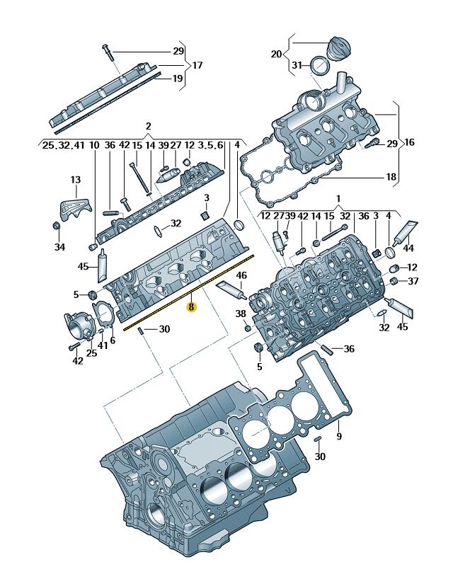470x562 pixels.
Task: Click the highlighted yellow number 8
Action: pos(191,306)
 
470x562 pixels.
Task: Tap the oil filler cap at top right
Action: pos(338,48)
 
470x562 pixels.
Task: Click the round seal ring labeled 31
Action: pos(319,65)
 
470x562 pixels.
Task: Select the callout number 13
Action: pos(76,180)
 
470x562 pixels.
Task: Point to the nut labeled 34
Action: pos(56,226)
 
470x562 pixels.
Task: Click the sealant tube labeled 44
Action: pos(404,233)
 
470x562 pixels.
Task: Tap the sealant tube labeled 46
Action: pos(232,290)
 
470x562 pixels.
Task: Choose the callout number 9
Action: pos(339,435)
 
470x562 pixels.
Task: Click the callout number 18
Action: pos(391,177)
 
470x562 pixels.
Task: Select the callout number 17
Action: pos(197,65)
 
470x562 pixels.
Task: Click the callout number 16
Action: pos(409,142)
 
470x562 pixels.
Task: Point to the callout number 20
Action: pos(276,54)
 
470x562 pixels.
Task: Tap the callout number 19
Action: pos(178,78)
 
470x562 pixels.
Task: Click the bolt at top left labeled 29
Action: pos(108,53)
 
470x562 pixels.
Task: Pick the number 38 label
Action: pos(241,314)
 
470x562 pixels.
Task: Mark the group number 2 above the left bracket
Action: pos(149,126)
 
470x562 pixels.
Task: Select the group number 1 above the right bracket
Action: pos(338,198)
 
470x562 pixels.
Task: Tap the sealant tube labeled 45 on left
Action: pos(102,266)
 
